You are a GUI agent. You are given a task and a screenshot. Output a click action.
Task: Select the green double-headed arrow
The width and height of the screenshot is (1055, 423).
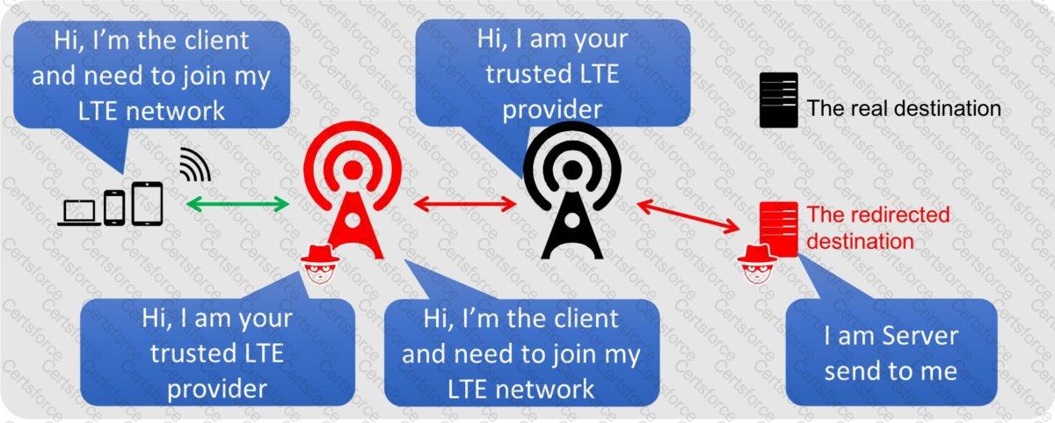click(x=237, y=204)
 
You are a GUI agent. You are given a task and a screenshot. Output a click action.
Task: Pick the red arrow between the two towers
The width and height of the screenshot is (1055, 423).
click(x=465, y=204)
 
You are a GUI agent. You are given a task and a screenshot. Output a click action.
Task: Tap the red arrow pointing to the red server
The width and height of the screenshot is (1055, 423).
click(x=688, y=216)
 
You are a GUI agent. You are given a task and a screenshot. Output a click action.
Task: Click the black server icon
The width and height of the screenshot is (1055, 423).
click(x=779, y=100)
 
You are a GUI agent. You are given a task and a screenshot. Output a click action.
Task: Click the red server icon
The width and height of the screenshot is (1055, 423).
click(x=779, y=230)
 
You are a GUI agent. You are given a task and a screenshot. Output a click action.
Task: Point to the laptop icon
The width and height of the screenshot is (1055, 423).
click(x=80, y=213)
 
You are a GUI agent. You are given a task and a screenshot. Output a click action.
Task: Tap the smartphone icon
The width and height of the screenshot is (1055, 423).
click(x=114, y=208)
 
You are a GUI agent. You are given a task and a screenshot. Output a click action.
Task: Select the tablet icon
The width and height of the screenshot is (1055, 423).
click(x=147, y=203)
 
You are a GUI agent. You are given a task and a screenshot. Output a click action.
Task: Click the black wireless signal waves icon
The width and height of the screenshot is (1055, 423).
click(x=195, y=164)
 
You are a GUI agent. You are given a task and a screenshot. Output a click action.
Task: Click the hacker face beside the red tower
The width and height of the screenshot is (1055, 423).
click(x=320, y=265)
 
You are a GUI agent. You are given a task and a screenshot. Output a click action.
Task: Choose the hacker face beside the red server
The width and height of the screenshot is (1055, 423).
click(x=757, y=265)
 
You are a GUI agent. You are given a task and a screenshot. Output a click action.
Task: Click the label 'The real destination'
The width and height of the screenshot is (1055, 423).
click(x=904, y=108)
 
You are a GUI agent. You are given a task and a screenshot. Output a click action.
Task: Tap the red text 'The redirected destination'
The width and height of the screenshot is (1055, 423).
click(x=878, y=228)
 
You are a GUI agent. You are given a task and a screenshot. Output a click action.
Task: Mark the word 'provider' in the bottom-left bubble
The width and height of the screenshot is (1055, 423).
click(x=217, y=390)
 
